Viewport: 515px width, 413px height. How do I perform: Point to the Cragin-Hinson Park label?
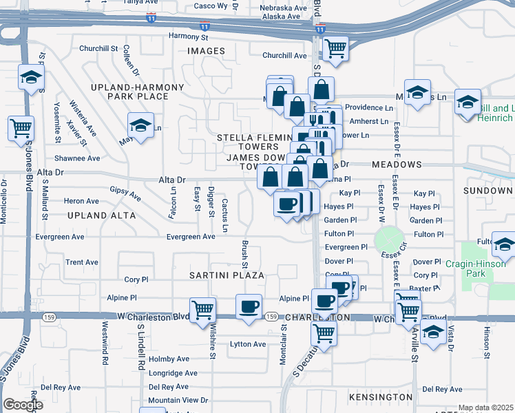[x=475, y=268]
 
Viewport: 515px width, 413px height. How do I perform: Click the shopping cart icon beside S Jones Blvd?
[x=21, y=127]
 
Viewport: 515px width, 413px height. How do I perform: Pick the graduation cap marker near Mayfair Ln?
[x=140, y=125]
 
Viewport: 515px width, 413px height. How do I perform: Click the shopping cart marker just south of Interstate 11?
[x=335, y=48]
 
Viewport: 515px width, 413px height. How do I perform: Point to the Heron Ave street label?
[x=81, y=201]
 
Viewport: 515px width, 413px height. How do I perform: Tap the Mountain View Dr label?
[x=178, y=400]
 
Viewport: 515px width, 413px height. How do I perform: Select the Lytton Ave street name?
[x=248, y=344]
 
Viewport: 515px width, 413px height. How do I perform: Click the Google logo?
[x=22, y=405]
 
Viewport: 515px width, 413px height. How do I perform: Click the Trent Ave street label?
[x=82, y=262]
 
